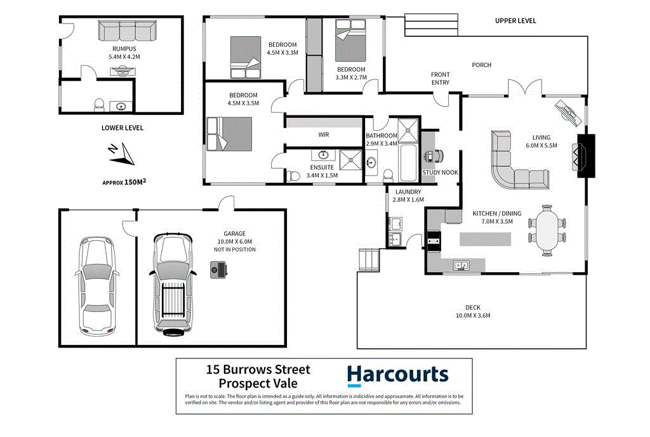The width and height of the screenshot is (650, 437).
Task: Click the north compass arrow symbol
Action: pos(118,153)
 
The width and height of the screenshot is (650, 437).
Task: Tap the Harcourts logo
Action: pos(397,375)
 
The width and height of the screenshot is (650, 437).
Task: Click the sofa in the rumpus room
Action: pos(127,30)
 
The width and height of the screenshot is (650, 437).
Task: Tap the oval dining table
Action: pos(547,230)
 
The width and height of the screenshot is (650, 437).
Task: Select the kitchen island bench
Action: pos(485,238)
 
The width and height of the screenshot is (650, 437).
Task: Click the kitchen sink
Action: pos(461,265)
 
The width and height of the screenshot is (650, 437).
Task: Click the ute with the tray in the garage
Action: pos(170,284)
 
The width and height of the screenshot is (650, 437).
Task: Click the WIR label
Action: pos(324,134)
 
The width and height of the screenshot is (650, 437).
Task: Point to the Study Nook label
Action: pos(440,172)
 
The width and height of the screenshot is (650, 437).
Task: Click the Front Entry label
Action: pos(440,79)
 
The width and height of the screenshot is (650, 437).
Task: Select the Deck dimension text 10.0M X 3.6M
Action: pos(473,316)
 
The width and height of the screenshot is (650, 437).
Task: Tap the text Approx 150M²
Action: pos(124,182)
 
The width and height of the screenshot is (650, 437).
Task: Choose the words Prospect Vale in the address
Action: pos(257,384)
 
